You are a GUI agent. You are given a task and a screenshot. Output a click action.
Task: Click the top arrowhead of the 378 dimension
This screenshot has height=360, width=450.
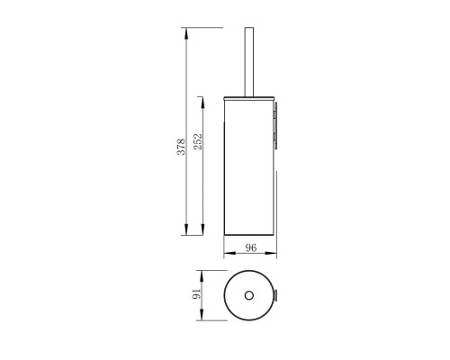[186, 33]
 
